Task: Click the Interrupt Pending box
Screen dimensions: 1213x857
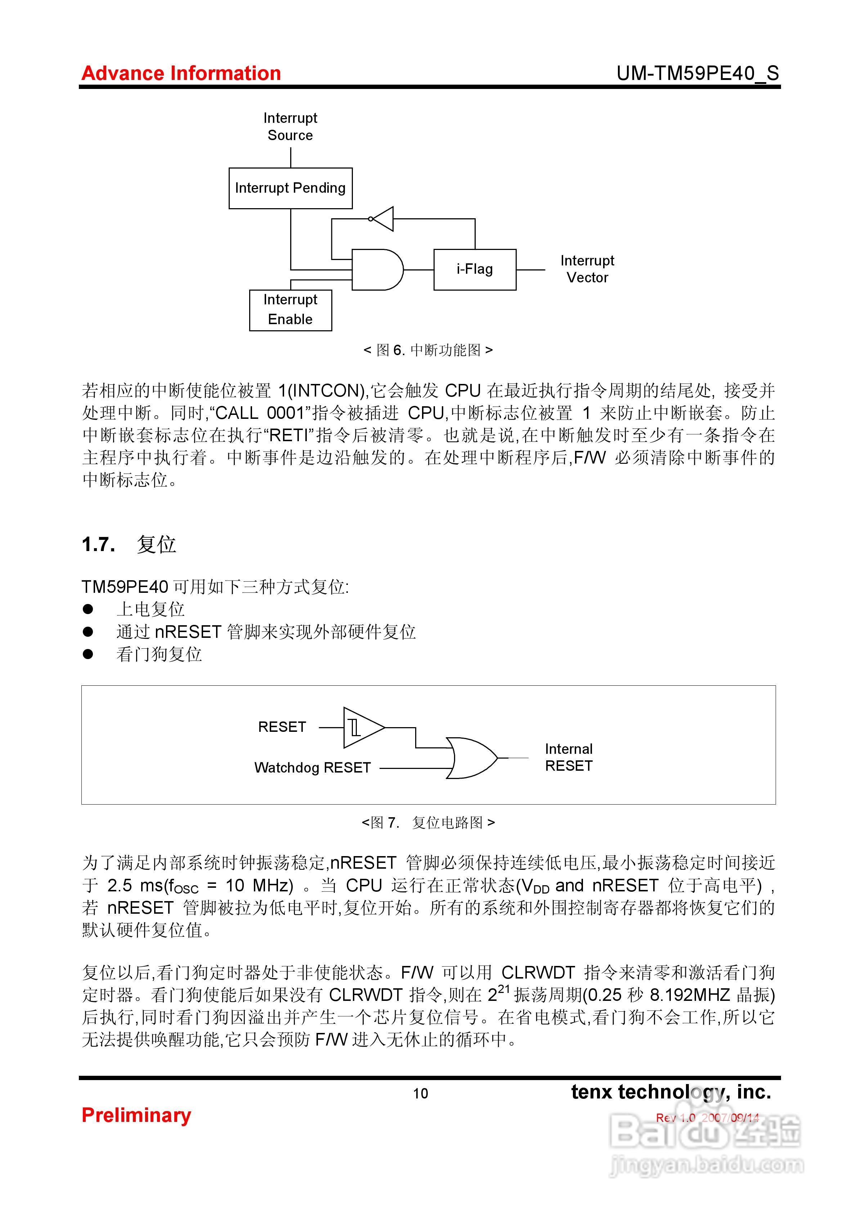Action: [290, 188]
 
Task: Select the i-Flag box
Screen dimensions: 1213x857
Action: [475, 269]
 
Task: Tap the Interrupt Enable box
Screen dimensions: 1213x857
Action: [290, 310]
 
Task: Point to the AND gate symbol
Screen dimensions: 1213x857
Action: [377, 269]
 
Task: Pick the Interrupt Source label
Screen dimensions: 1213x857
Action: [290, 127]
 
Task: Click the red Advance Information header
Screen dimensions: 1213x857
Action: [181, 73]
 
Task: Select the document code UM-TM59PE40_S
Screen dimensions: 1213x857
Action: [697, 73]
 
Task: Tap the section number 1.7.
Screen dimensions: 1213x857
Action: [98, 544]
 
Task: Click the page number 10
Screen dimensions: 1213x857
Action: [421, 1093]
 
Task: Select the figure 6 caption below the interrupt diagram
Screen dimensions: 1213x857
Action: [428, 350]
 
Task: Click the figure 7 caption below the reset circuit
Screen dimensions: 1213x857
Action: [428, 823]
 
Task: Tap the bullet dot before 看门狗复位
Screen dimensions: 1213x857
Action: [88, 654]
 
